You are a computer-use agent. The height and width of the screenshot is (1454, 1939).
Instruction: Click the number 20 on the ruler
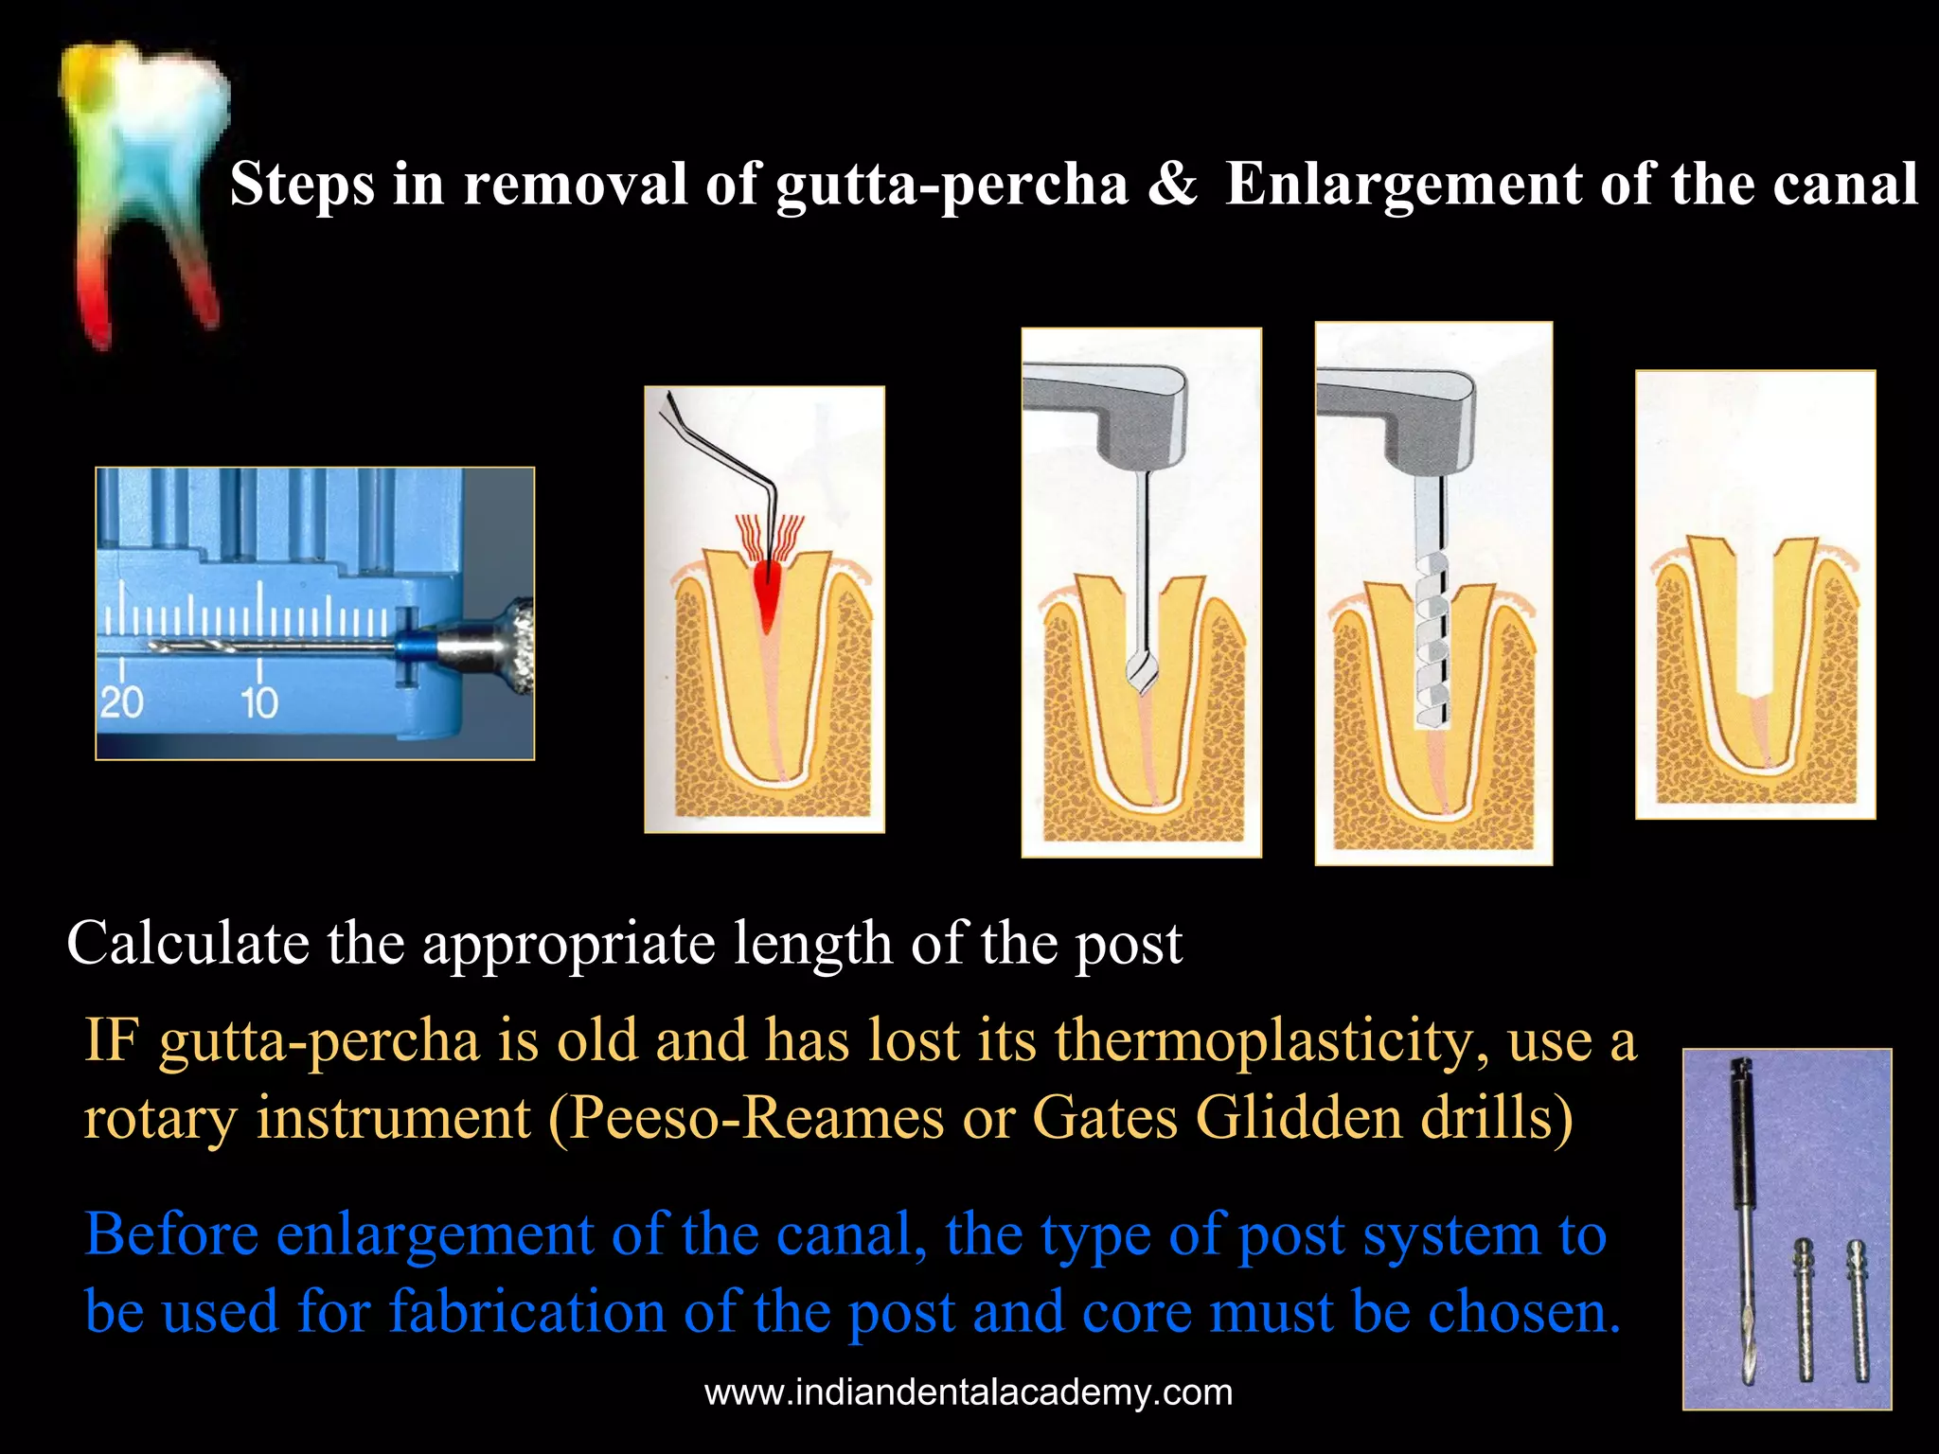pos(121,702)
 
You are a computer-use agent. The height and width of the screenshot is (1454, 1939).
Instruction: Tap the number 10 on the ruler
pos(258,702)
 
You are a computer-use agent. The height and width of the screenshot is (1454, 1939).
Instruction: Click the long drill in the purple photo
pos(1742,1231)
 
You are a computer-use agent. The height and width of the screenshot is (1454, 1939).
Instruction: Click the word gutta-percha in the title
pos(952,185)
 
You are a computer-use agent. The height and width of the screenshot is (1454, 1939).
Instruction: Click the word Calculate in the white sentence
pos(187,944)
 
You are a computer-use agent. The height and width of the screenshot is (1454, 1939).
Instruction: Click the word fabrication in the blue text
pos(526,1312)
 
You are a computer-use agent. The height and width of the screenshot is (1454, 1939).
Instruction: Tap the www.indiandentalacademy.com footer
pos(969,1392)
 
